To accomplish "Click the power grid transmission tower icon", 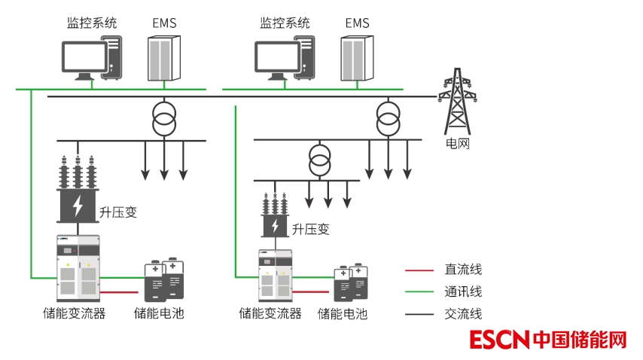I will (457, 101).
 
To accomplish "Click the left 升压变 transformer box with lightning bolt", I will (78, 205).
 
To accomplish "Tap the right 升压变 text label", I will (311, 229).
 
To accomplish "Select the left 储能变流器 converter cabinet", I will (78, 268).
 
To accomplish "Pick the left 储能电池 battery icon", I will (164, 280).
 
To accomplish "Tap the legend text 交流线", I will (463, 314).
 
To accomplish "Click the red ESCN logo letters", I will (500, 340).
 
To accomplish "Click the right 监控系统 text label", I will (285, 23).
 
